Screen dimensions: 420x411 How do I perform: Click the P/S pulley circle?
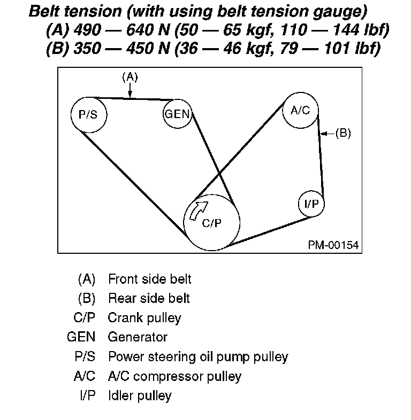tap(89, 115)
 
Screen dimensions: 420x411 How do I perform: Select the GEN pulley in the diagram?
tap(177, 114)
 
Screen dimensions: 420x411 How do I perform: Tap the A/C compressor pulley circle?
tap(301, 111)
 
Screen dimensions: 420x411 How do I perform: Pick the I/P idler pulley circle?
tap(311, 204)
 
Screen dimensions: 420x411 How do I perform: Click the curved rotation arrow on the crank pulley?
tap(198, 209)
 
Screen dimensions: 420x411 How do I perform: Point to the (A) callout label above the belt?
tap(130, 77)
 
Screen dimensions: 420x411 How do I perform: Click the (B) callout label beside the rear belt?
tap(343, 133)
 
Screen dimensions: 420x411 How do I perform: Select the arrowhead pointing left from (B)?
tap(323, 133)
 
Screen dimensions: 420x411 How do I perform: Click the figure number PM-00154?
tap(333, 245)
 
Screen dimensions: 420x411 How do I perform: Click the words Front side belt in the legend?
tap(149, 279)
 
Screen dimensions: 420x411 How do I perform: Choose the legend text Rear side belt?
tap(149, 298)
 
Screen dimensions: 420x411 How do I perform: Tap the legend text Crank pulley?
tap(144, 318)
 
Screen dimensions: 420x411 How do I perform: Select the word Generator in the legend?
tap(138, 337)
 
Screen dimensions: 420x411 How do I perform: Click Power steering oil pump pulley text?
tap(198, 356)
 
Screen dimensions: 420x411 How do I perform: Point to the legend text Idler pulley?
tap(140, 395)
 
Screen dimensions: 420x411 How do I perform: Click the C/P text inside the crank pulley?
tap(211, 224)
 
